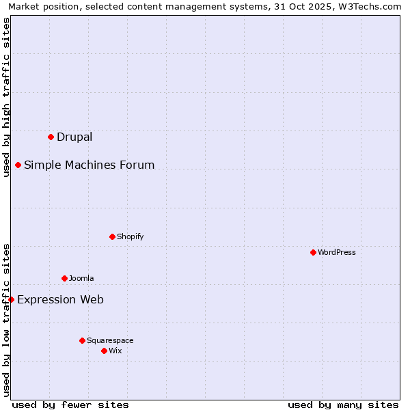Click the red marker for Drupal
51,137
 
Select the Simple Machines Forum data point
18,165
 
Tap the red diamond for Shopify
112,236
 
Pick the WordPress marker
313,252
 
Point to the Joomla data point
64,278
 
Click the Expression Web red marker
11,299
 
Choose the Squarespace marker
82,340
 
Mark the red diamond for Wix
104,351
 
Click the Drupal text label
74,137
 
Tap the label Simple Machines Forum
89,165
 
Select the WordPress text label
336,252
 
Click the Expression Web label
60,299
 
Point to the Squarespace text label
110,340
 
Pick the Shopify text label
130,236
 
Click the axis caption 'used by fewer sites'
70,405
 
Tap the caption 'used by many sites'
343,405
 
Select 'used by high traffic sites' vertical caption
6,97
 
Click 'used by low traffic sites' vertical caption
6,320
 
